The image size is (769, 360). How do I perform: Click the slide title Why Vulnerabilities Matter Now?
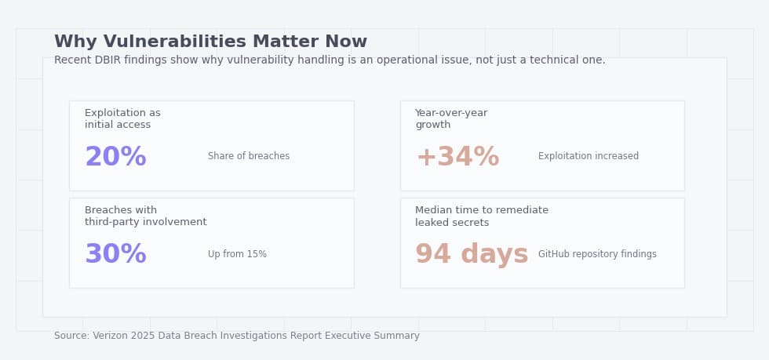[210, 42]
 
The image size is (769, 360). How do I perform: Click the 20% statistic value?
[115, 158]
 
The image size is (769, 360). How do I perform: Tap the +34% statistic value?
[457, 158]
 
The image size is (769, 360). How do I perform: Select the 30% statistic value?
[115, 255]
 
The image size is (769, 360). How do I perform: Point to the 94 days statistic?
[471, 255]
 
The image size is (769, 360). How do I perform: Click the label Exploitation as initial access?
[122, 119]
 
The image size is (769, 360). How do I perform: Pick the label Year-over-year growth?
[451, 119]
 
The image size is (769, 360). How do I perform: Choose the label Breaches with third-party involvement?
[145, 216]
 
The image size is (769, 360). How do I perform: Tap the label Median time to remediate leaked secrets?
[481, 216]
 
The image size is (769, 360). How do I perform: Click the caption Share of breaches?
[248, 157]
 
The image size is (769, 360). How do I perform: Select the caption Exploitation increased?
[588, 157]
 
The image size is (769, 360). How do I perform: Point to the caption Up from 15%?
[237, 255]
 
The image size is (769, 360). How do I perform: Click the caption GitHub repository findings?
[597, 255]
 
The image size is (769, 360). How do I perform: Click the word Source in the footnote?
[71, 336]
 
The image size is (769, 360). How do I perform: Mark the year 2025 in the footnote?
[144, 336]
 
